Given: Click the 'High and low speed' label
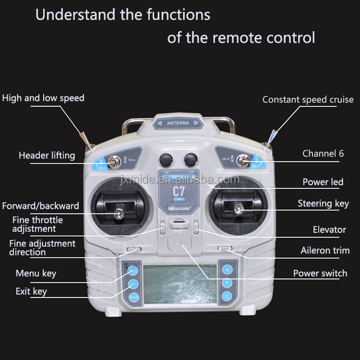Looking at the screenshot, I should coord(43,98).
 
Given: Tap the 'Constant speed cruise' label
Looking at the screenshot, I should coord(308,100).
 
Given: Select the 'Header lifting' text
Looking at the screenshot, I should coord(47,156).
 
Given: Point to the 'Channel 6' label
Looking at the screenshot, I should coord(323,154).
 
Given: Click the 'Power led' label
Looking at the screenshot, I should coord(323,182).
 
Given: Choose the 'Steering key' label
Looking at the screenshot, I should coord(323,204).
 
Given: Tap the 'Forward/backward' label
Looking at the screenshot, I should coord(40,206).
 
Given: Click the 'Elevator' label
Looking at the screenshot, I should coord(329,230).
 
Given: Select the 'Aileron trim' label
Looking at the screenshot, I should coord(325,251).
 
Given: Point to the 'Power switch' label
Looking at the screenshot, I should coord(320,274).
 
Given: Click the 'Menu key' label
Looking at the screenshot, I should coord(36,274).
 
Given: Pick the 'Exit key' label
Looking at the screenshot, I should coord(31,291).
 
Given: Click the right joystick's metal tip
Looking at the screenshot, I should coord(237,208).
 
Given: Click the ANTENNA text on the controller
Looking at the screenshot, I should coord(178,123).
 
